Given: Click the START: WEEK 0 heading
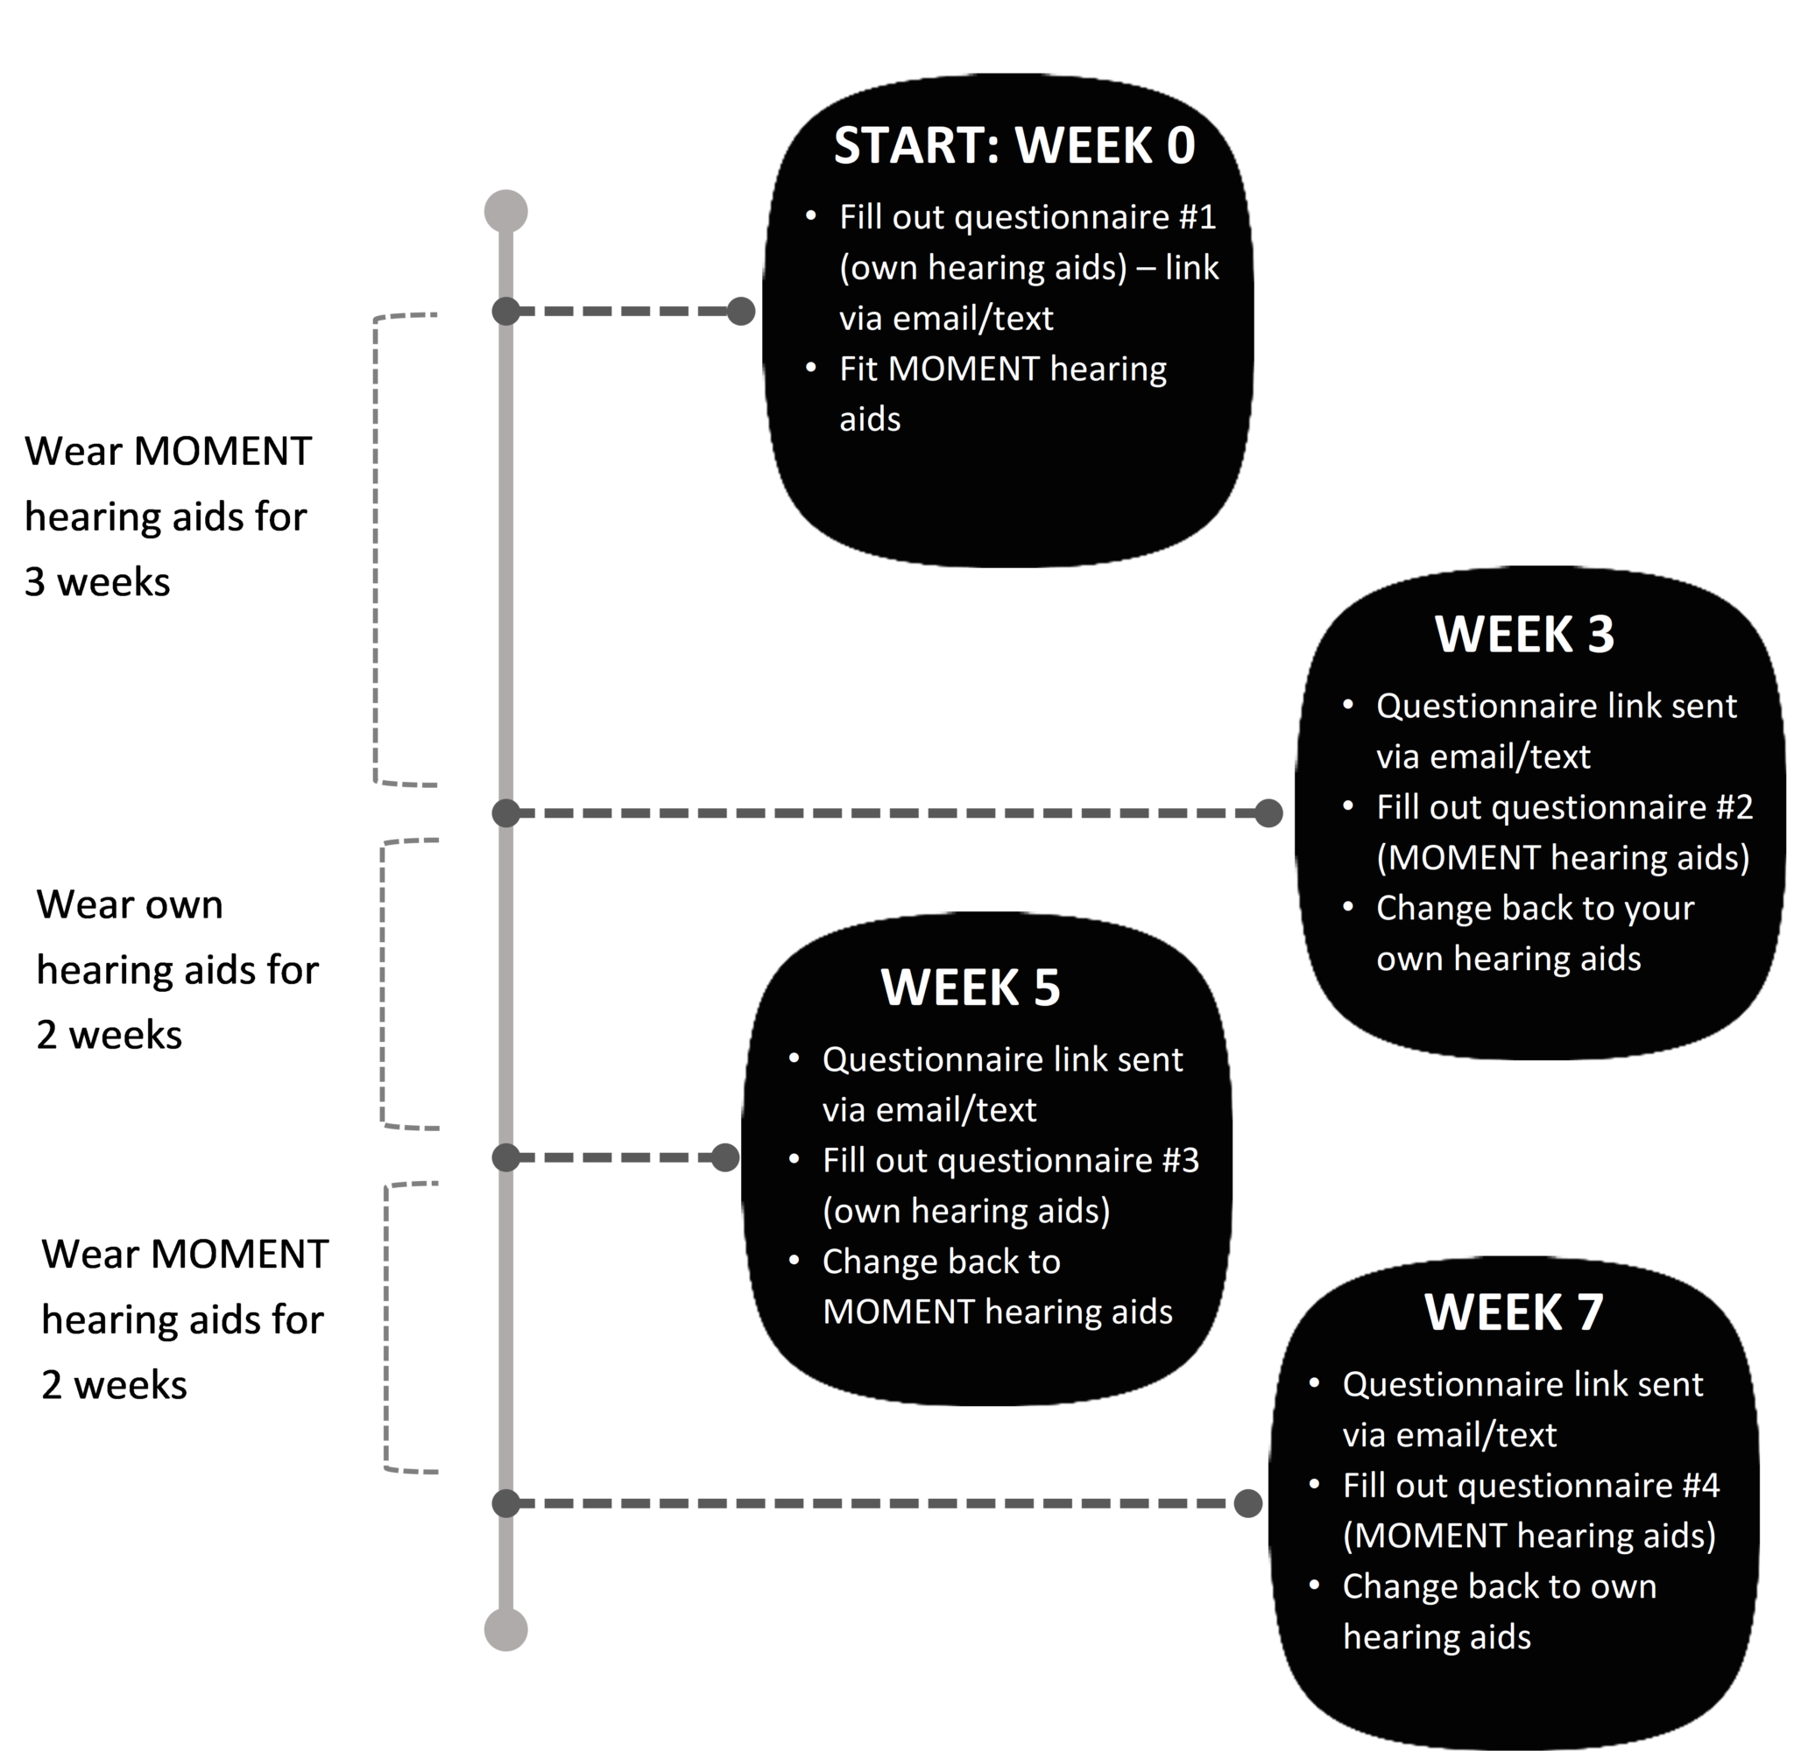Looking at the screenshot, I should pos(1014,145).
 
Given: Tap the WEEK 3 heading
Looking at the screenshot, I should pos(1523,635).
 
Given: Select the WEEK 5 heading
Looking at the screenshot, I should pos(970,988).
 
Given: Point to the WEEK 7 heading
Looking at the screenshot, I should pos(1514,1311).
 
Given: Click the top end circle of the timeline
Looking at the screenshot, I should pos(506,212).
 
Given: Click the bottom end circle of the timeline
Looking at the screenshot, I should pos(506,1629).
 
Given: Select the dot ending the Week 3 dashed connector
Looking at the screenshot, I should pos(1268,813).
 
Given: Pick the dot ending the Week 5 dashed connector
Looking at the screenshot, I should pos(725,1157).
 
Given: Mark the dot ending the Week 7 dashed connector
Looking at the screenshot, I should pos(1247,1503).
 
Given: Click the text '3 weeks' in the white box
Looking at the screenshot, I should pos(97,582).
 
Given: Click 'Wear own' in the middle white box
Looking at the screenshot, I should pos(130,905).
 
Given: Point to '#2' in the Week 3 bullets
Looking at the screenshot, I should pos(1734,807).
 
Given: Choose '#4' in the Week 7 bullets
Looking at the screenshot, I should pos(1699,1486).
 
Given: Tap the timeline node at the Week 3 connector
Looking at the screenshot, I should pos(506,813).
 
